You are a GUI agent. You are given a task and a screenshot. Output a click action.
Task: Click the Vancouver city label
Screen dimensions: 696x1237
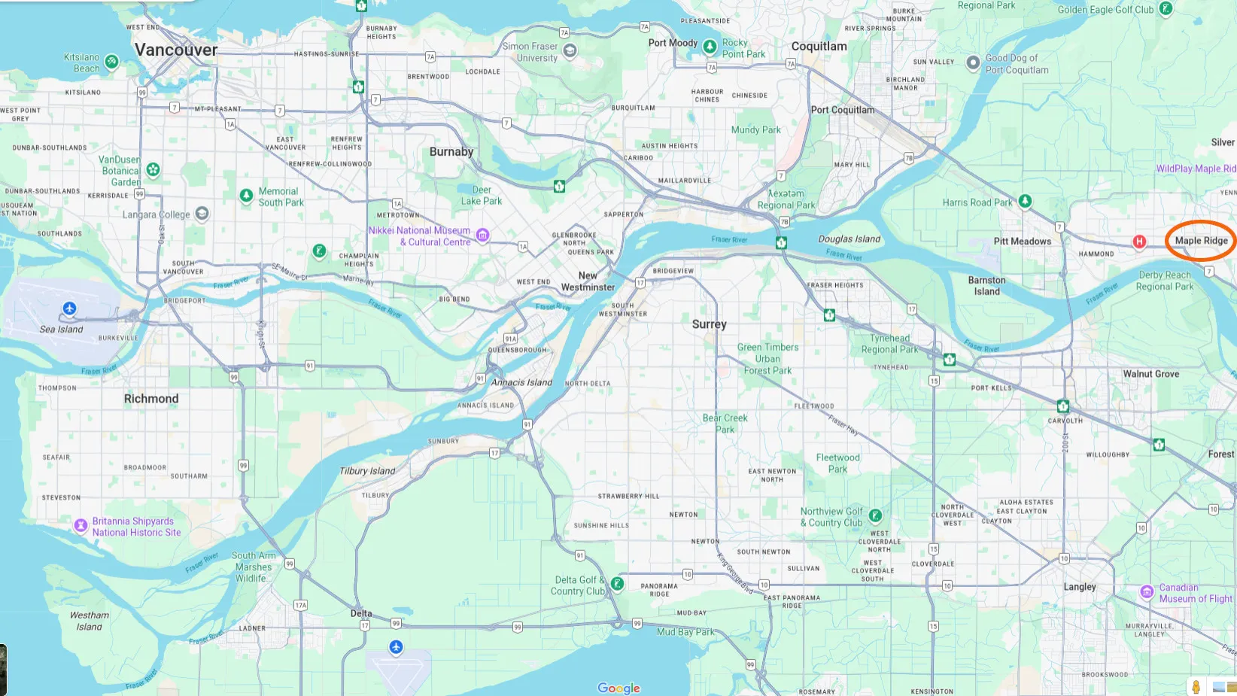[176, 50]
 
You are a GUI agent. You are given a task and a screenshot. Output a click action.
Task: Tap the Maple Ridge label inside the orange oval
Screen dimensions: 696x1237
[1201, 241]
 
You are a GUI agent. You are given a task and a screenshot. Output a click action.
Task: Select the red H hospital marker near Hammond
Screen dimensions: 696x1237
[1139, 242]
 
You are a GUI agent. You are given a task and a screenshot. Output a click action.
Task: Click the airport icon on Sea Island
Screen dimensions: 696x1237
[69, 308]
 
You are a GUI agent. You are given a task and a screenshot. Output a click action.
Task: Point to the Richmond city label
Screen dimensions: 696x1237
[151, 399]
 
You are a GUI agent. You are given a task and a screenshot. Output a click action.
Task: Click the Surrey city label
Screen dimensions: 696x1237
[709, 324]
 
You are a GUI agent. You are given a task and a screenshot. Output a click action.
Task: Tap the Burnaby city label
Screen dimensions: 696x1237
[451, 152]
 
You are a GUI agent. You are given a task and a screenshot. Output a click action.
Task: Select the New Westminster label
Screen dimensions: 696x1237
[588, 281]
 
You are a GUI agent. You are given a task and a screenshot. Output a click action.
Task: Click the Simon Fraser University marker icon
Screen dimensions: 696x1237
[570, 51]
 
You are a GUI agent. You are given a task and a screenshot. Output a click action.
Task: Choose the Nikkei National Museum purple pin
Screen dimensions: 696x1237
[483, 236]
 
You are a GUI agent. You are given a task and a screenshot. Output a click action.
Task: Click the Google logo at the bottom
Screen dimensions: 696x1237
[618, 688]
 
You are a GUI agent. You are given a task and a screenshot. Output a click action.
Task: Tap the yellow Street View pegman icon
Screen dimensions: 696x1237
[1196, 686]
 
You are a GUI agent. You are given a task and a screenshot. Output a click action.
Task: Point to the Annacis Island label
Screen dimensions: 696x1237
[521, 382]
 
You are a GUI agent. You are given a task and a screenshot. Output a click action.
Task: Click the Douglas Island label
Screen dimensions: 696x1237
[849, 239]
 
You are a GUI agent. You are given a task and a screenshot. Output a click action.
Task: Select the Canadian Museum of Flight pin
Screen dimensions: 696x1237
[1147, 592]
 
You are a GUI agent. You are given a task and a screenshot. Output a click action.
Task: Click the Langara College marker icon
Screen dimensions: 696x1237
[202, 214]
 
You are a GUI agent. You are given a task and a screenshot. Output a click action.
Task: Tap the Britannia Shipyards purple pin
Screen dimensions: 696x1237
[81, 526]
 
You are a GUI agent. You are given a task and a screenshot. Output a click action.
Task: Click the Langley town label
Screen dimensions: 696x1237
[1080, 587]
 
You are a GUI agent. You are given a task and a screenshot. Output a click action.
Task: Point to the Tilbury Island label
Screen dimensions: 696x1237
[367, 471]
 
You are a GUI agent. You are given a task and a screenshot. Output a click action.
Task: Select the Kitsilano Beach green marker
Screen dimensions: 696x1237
[111, 62]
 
